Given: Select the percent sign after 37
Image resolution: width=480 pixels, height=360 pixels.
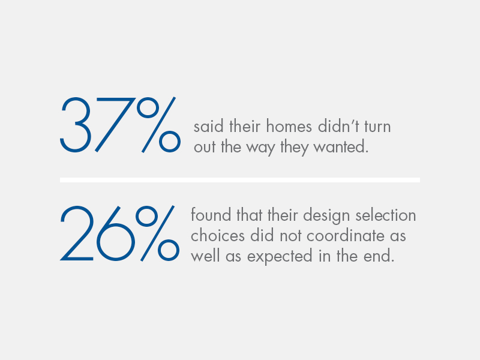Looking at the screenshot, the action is coord(158,125).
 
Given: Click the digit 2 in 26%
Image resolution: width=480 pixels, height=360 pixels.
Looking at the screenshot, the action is coord(76,233).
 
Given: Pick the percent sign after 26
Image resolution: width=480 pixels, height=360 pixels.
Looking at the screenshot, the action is coord(157,233).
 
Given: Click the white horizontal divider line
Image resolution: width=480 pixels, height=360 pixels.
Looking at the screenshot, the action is coord(240,180).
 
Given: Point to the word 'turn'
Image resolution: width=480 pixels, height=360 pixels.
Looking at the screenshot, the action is coord(377,127).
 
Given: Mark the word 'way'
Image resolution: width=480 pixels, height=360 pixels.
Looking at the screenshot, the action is coord(260,148).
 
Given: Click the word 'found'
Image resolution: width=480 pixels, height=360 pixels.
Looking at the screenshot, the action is coord(211,215).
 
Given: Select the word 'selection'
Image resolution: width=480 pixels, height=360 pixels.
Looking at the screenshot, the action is coord(386,215).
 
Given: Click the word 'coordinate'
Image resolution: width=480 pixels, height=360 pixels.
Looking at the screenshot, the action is coord(346,235).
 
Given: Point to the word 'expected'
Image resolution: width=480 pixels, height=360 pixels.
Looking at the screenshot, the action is coord(280,257).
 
